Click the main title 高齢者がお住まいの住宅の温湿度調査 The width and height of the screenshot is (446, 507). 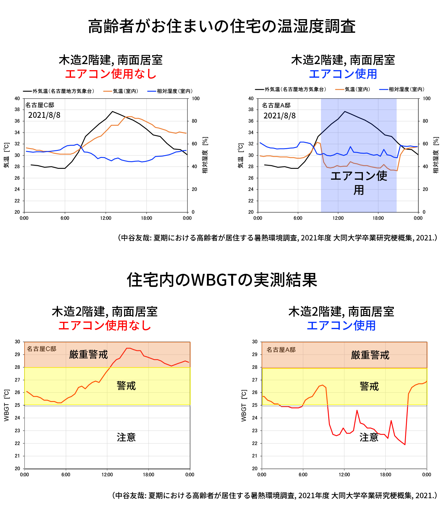coord(222,26)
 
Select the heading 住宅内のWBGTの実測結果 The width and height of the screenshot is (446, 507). coord(222,280)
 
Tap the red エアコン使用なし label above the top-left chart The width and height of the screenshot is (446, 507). coord(111,74)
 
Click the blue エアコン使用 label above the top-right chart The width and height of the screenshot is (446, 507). coord(343,74)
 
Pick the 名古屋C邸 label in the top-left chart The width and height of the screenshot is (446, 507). coord(39,105)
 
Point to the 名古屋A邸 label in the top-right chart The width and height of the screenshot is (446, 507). coord(276,105)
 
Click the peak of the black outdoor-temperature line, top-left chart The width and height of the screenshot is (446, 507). coord(113,111)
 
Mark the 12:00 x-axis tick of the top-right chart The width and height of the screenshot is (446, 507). coord(338,218)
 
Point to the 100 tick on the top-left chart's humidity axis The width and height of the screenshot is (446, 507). coord(196,98)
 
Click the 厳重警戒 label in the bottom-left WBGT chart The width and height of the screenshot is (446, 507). coord(88,354)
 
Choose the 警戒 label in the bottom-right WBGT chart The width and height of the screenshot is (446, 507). coord(369,386)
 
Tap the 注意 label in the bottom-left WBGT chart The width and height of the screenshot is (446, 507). coord(126,437)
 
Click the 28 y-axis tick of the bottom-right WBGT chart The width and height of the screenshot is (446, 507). coord(255,367)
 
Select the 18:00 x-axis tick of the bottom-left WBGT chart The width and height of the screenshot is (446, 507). coord(148,475)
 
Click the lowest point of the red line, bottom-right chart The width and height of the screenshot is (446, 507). coord(405,444)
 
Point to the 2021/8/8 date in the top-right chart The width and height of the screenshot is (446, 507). coord(279,116)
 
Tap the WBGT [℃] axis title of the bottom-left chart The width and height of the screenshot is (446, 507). coord(7,405)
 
